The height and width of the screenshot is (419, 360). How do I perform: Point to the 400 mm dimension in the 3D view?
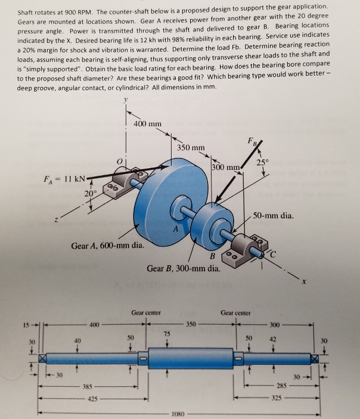(147, 123)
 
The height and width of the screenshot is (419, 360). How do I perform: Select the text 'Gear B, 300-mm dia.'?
(184, 269)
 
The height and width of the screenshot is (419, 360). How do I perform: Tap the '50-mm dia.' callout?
(272, 215)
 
